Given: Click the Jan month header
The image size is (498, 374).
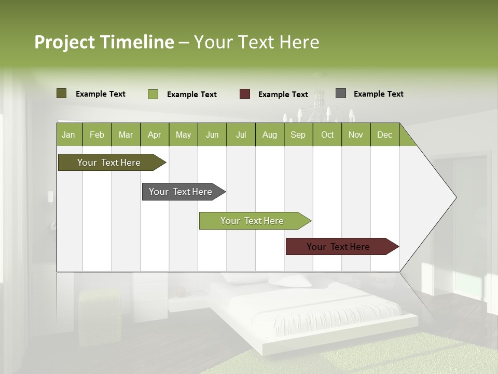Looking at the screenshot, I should point(69,135).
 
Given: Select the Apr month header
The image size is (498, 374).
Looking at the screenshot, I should point(155,135).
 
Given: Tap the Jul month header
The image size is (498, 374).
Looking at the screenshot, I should point(241,135).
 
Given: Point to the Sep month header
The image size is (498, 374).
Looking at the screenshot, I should point(298,135).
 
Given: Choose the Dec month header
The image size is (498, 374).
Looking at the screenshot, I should point(384,135).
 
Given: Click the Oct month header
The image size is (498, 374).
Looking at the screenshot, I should point(327,135).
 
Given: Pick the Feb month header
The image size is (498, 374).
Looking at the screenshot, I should point(97,135).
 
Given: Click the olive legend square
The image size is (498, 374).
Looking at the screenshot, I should point(62,94).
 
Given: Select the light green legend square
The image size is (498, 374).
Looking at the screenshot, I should point(153,94).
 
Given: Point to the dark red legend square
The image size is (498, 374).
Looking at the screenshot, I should point(245,94).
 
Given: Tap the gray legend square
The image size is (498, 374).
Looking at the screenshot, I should point(341,94).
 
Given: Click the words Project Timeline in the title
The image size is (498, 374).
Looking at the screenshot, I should point(104,42).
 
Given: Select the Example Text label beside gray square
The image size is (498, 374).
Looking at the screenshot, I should point(378,94).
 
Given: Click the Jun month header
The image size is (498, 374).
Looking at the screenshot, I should point(212,135).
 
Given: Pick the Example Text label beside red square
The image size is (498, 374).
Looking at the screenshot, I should point(283,95).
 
